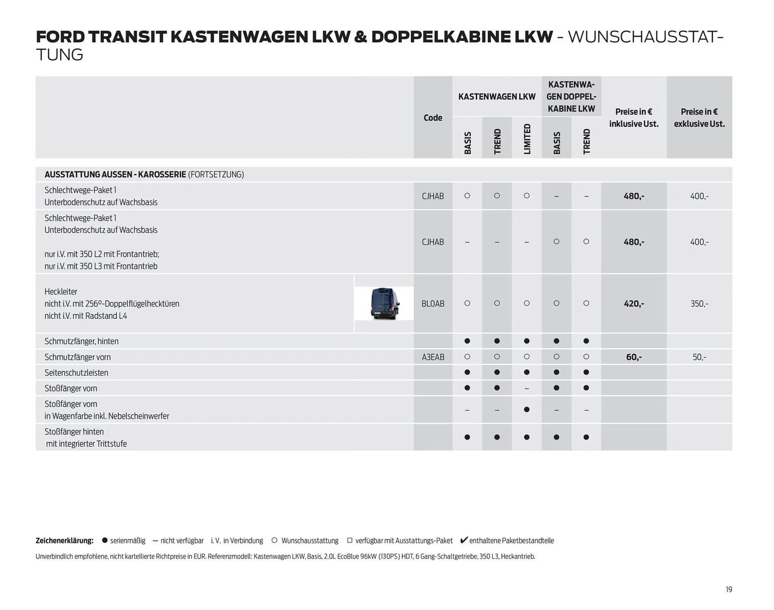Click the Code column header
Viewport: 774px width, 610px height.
[x=433, y=118]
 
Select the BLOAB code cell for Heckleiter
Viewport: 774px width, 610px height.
[x=433, y=304]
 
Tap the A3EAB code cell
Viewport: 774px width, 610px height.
[x=433, y=357]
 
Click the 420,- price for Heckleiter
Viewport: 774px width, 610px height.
[x=634, y=304]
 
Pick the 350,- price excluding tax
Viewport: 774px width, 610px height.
[x=699, y=304]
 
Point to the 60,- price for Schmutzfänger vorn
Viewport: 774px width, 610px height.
[x=634, y=357]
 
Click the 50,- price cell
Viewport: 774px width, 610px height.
[x=699, y=357]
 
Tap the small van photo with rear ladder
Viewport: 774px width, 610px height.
[x=384, y=303]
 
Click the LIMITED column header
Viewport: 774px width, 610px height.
[x=527, y=139]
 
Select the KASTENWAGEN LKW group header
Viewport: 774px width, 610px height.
[x=497, y=97]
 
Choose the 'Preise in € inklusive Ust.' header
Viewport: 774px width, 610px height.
[x=634, y=118]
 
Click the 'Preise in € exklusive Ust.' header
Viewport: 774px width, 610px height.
[x=699, y=118]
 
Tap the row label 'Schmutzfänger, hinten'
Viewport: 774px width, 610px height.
[x=81, y=341]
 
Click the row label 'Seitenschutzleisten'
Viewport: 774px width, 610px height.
[x=76, y=373]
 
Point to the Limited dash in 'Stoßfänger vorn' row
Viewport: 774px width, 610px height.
[x=526, y=388]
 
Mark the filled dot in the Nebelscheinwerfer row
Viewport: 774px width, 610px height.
[x=526, y=410]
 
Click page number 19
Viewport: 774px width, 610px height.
[x=729, y=589]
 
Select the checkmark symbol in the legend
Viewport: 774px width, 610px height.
[x=464, y=540]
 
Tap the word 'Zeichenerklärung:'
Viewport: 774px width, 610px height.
[x=64, y=541]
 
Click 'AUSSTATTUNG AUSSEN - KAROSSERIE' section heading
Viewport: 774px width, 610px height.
[x=115, y=174]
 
